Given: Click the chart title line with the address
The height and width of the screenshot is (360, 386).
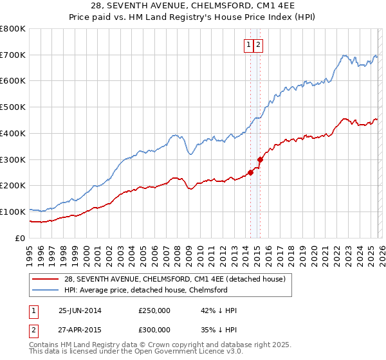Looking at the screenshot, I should coord(192,6).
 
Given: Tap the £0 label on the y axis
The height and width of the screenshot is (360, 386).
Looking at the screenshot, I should coord(21,238).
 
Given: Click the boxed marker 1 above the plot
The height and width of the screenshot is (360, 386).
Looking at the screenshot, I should coord(249,45).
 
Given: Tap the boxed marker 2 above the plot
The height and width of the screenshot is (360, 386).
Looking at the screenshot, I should coord(258,45).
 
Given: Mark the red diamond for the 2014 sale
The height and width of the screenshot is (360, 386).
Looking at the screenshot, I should coord(250,172).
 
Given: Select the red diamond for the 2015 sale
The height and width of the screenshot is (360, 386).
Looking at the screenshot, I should coord(260,159).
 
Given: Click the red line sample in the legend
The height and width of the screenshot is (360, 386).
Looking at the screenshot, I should coord(45,279).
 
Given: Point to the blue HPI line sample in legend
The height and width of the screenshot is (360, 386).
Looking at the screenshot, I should coord(45,290).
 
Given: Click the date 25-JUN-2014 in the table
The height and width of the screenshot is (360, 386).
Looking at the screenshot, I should coord(80,310).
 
